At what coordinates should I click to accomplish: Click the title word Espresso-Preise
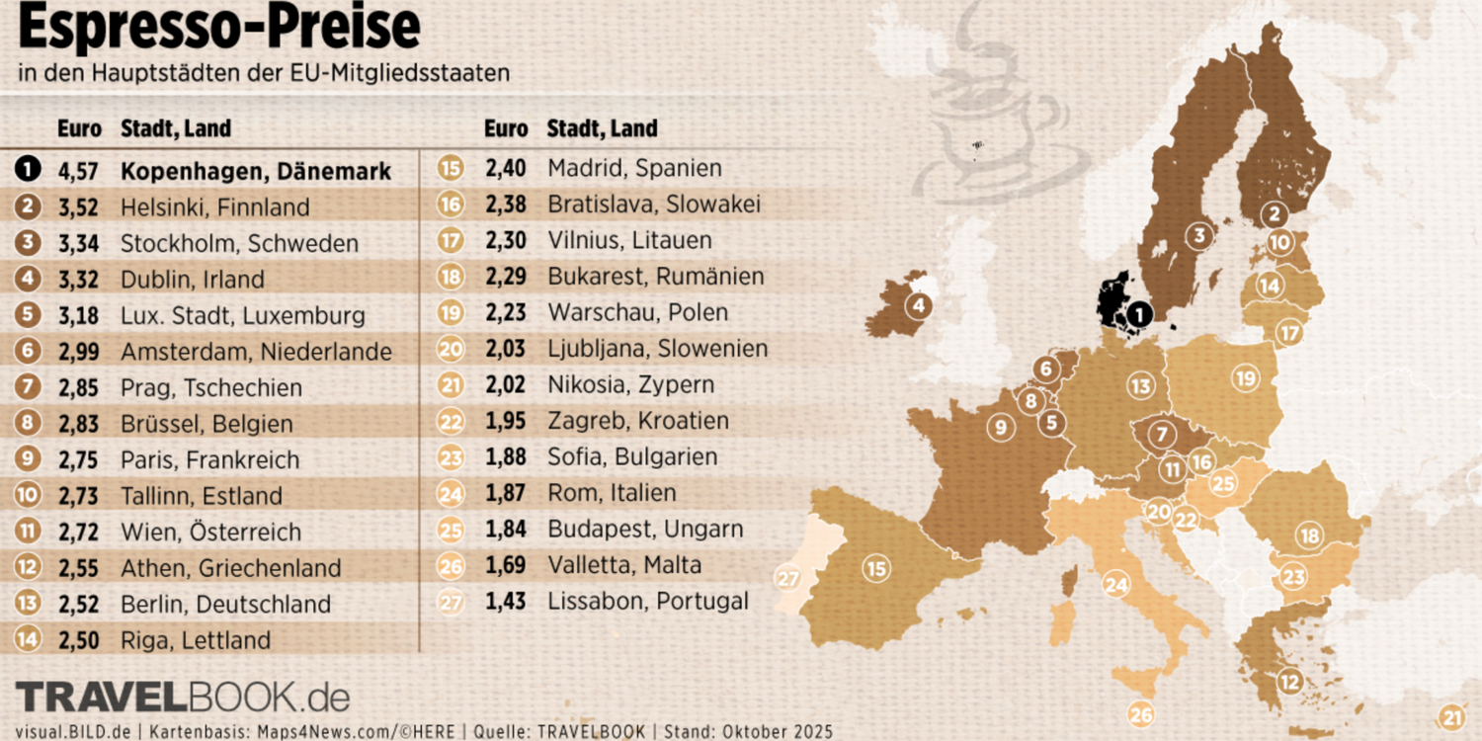[x=219, y=30]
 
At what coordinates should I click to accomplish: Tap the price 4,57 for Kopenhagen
[x=78, y=171]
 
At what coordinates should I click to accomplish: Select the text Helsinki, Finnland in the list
[x=214, y=207]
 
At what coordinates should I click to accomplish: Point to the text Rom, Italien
[x=612, y=492]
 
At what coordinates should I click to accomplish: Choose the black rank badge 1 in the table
[x=28, y=170]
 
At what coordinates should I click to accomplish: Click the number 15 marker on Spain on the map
[x=875, y=568]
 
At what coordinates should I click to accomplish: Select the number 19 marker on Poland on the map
[x=1245, y=376]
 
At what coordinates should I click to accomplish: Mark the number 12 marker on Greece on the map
[x=1289, y=681]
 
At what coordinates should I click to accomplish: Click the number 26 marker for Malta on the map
[x=1141, y=714]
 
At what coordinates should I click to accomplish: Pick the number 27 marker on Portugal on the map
[x=787, y=578]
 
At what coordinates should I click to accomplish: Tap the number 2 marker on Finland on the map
[x=1275, y=212]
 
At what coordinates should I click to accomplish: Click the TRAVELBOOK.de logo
[x=183, y=697]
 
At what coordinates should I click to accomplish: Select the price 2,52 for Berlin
[x=78, y=604]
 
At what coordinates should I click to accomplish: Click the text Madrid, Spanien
[x=634, y=168]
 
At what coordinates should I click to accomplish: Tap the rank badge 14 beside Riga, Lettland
[x=28, y=639]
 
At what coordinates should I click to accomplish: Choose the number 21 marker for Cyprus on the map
[x=1451, y=717]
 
